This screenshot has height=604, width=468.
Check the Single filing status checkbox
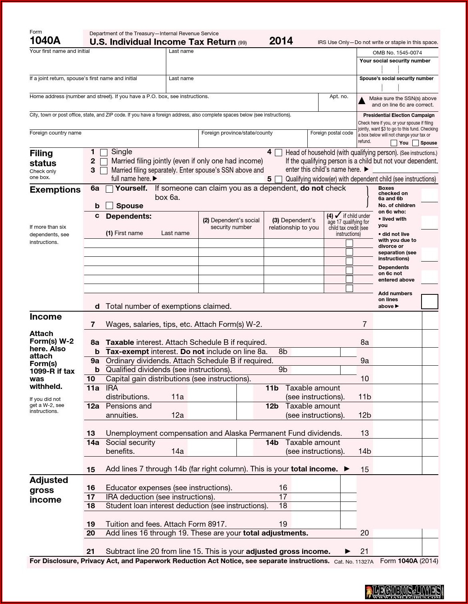coord(104,153)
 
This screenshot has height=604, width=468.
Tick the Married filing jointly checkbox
coord(104,161)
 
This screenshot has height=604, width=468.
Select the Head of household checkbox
coord(278,153)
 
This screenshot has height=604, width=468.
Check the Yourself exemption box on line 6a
coord(109,189)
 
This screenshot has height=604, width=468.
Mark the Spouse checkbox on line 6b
coord(109,206)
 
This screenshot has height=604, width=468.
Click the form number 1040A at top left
coord(45,40)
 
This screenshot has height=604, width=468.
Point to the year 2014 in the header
coord(281,41)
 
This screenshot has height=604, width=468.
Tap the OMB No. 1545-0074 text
coord(397,53)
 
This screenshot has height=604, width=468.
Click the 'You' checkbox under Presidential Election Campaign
coord(394,143)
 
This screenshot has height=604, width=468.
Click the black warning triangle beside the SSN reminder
coord(362,101)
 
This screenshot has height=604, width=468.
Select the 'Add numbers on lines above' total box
coord(430,302)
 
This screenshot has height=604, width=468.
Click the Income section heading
coord(46,317)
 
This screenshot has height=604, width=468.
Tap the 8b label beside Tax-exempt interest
coord(283,352)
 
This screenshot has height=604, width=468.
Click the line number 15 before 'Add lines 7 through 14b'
coord(91,469)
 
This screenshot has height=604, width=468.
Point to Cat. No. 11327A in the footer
coord(353,562)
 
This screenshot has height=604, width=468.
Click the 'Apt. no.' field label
coord(339,97)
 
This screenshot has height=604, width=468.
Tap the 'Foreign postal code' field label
coord(331,133)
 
